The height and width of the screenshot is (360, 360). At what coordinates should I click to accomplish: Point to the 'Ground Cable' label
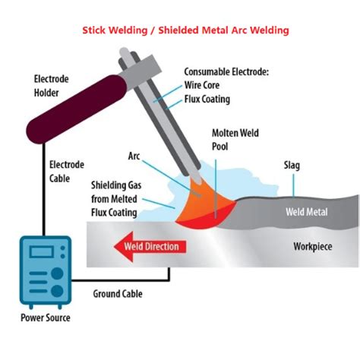point(117,293)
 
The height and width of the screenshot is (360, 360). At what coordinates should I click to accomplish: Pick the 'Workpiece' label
point(315,246)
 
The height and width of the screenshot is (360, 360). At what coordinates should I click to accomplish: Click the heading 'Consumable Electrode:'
point(227,71)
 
